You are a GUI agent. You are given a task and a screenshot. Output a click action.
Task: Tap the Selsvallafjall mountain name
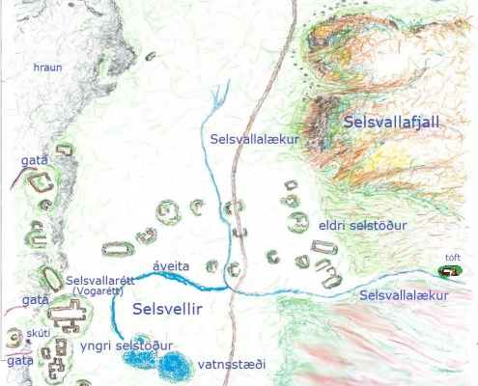(390, 123)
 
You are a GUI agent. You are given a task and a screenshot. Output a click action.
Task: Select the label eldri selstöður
(362, 226)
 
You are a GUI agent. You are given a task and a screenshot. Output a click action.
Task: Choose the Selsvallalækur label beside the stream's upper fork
(252, 140)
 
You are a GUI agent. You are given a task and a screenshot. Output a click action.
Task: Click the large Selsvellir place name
(167, 309)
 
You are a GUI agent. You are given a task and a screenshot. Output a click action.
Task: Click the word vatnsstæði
(231, 365)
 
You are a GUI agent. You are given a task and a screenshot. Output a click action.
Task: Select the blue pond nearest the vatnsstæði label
(175, 367)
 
